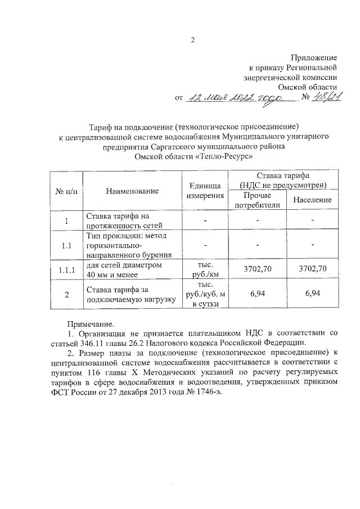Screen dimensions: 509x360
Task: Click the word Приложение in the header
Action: [313, 57]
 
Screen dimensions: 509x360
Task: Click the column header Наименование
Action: [132, 191]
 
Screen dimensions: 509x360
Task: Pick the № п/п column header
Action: [66, 191]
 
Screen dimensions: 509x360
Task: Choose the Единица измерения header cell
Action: [205, 191]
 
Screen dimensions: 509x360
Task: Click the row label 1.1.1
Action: [66, 269]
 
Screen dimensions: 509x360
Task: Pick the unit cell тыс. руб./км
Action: [205, 269]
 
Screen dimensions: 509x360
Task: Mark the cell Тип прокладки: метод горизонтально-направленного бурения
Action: [124, 245]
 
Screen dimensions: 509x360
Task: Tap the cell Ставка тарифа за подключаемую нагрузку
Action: [124, 294]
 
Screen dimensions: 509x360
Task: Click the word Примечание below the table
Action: [91, 325]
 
